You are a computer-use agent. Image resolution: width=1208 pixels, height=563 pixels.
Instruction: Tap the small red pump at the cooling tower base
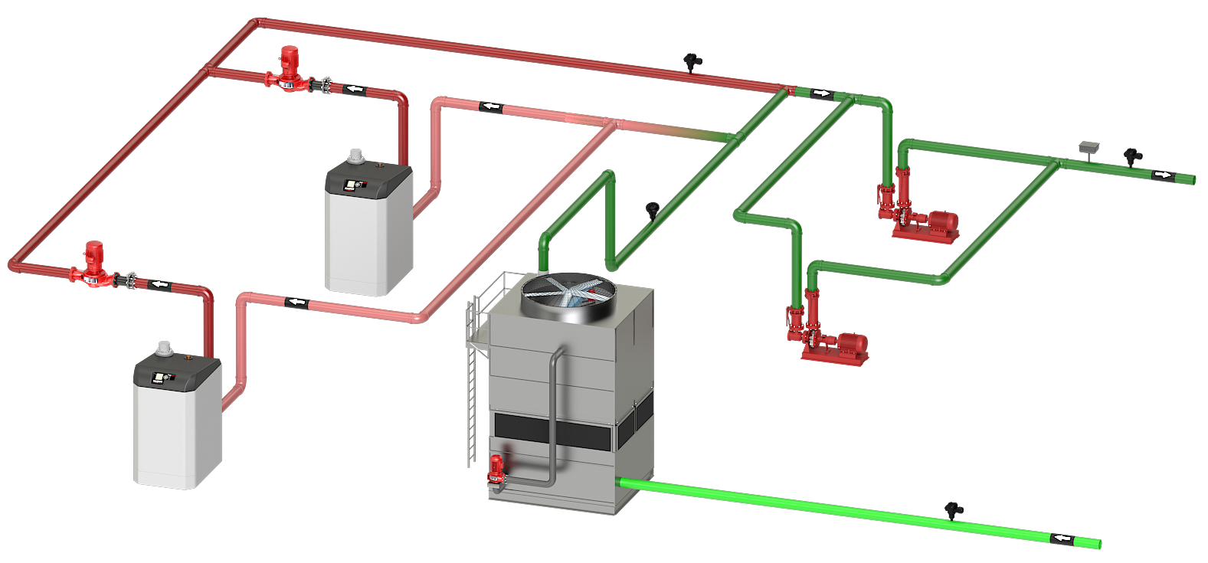tap(496, 469)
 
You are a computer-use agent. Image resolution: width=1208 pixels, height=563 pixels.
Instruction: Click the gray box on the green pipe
tap(1089, 146)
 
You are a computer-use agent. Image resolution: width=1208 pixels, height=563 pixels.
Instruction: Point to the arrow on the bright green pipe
tap(1061, 538)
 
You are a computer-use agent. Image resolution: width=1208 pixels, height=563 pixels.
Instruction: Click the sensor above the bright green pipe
tap(954, 509)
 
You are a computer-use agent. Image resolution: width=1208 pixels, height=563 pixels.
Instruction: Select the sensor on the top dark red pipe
tap(692, 61)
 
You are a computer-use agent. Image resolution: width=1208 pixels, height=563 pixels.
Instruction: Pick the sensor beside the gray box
tap(1132, 156)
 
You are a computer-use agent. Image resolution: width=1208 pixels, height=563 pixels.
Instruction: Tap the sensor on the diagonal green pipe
tap(653, 208)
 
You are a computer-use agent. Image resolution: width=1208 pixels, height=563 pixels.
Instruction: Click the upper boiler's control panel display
tap(353, 184)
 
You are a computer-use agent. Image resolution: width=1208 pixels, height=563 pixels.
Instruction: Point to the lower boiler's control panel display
tap(162, 377)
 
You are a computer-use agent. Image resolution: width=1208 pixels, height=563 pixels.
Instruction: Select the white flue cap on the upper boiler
tap(355, 156)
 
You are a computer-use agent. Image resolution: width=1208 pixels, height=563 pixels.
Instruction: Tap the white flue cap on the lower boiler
tap(164, 349)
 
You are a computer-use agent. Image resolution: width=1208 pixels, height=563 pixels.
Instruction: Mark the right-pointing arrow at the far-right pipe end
tap(1162, 175)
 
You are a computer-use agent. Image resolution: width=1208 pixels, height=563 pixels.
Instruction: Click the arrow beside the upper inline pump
tap(354, 89)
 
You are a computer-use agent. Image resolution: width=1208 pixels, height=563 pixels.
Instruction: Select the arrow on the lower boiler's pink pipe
tap(296, 303)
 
